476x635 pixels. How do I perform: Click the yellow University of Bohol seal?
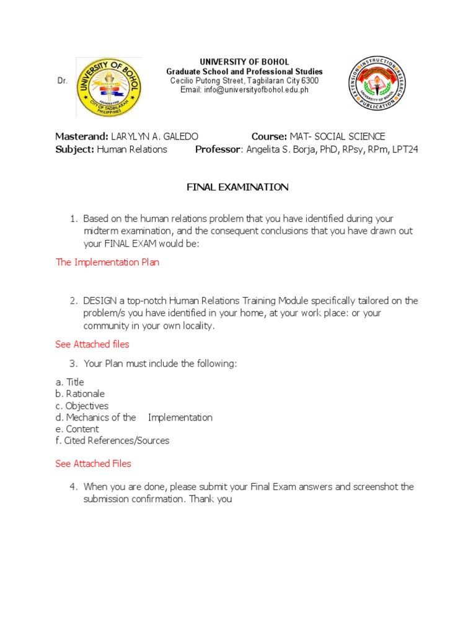(108, 87)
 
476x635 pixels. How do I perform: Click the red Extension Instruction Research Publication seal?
(377, 83)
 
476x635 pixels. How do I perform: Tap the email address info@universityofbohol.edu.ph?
(244, 90)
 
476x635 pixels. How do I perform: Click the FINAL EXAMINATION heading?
(238, 187)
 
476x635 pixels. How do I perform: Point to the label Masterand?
(82, 136)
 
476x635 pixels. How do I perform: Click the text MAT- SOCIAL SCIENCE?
(337, 136)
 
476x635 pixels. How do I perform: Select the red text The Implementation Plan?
(107, 262)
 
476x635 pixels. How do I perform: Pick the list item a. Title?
(69, 382)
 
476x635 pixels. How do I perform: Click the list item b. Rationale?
(80, 394)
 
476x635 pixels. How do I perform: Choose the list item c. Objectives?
(82, 406)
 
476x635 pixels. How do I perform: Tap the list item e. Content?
(77, 429)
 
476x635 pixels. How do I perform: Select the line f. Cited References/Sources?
(112, 441)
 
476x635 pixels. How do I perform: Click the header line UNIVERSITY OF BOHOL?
(244, 62)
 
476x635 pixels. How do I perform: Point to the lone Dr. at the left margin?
(62, 81)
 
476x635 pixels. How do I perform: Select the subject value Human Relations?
(131, 149)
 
